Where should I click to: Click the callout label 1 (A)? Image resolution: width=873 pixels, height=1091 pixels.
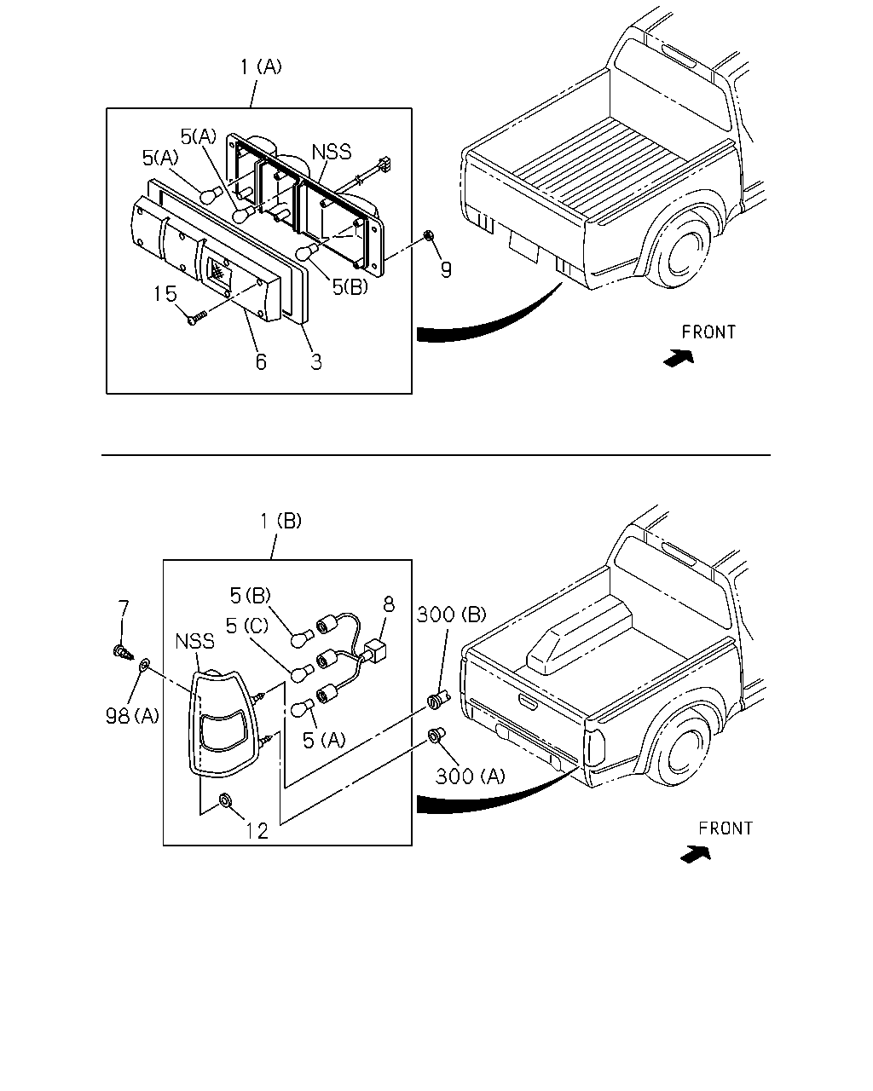pos(261,67)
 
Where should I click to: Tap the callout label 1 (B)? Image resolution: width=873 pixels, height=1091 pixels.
pos(280,521)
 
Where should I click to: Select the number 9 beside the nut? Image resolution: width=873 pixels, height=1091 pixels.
pos(446,269)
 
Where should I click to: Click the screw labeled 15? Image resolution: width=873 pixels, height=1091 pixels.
pos(197,317)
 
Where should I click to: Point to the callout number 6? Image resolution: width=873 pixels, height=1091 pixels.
pos(261,362)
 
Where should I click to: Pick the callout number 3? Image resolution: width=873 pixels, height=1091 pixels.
pos(316,362)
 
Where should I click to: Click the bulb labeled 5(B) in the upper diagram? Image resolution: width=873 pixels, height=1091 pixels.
pos(307,250)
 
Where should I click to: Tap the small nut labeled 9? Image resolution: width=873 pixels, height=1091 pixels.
pos(429,235)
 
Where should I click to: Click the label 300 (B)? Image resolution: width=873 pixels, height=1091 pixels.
pos(451,615)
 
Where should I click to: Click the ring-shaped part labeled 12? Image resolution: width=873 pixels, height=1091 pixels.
pos(225,800)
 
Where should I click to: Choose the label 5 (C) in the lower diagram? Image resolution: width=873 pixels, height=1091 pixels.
pos(247,626)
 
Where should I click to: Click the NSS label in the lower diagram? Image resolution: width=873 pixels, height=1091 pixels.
pos(194,641)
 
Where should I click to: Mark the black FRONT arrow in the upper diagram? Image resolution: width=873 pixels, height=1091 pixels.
pos(679,358)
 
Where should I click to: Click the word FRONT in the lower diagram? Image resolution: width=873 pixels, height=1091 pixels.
pos(726,828)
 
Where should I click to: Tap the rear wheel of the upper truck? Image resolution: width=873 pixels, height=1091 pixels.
pos(684,252)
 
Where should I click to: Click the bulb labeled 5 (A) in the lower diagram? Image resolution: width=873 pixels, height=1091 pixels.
pos(304,707)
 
